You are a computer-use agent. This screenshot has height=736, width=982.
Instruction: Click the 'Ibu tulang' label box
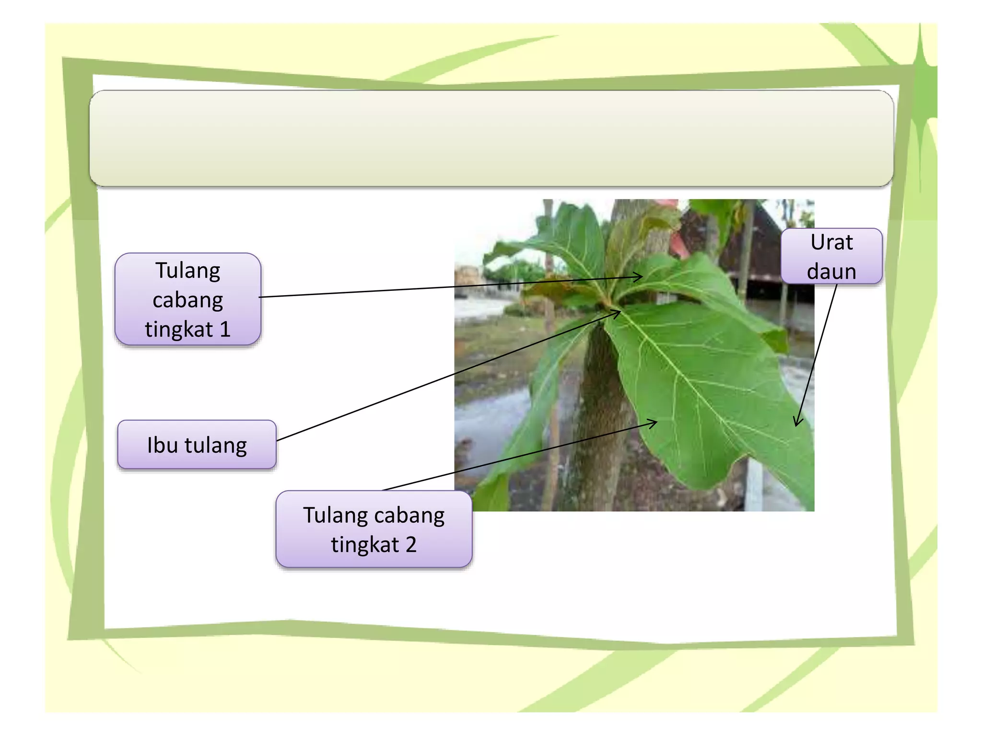click(x=197, y=444)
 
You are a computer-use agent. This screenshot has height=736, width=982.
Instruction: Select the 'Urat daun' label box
click(x=831, y=256)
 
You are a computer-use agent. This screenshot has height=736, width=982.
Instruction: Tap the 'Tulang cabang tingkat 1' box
click(x=188, y=299)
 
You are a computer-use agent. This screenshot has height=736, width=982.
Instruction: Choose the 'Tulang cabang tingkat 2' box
click(x=374, y=529)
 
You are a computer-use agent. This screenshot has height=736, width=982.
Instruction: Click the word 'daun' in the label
click(x=831, y=271)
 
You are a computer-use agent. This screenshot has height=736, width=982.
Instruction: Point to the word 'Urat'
click(x=831, y=242)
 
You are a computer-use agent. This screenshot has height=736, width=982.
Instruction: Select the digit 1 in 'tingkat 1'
click(x=225, y=329)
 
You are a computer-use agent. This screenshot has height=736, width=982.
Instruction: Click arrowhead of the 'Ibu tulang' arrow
click(x=619, y=312)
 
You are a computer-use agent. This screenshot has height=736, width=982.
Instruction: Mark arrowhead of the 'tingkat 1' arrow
click(x=641, y=276)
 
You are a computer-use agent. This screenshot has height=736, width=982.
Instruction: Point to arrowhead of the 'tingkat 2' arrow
click(x=655, y=422)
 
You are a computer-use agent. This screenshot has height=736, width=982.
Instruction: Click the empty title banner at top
click(x=491, y=138)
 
